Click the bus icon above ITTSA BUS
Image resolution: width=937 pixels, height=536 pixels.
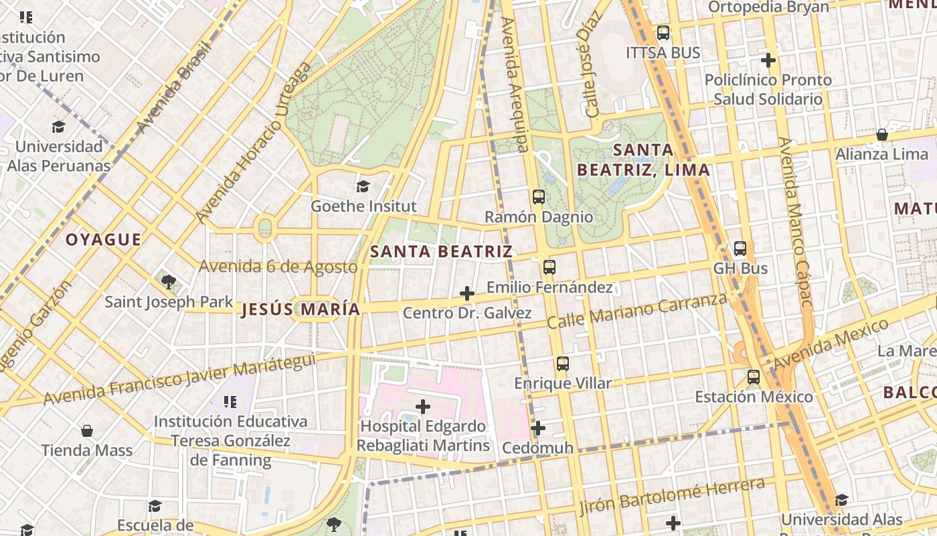(663, 32)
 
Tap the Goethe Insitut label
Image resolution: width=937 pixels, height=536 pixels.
(363, 206)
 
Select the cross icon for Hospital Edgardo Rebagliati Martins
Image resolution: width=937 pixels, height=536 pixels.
(423, 406)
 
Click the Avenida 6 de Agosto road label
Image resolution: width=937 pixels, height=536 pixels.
(278, 267)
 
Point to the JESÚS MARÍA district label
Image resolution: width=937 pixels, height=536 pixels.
(301, 310)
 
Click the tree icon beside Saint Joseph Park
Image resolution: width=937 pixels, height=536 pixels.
(168, 281)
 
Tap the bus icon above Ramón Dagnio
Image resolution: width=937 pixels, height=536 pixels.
(539, 196)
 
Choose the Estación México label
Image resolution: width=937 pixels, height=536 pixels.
(754, 397)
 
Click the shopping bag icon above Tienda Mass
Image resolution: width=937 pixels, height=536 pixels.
(87, 430)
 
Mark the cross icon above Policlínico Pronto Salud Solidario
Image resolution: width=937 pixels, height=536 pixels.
(768, 60)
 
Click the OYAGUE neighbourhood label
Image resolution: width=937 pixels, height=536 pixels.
(103, 240)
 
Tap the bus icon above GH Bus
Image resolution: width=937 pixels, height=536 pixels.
(740, 249)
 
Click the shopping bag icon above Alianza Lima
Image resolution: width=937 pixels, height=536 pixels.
(882, 135)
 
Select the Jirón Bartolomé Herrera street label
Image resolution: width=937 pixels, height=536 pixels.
(672, 495)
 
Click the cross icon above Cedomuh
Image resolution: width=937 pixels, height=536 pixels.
(538, 427)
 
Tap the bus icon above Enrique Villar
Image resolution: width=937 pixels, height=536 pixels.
(562, 364)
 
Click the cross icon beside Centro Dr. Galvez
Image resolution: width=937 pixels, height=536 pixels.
(467, 293)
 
